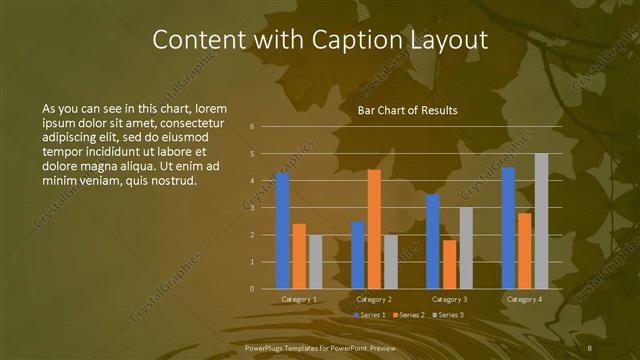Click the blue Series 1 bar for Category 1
[282, 231]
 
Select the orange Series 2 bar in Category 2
[374, 229]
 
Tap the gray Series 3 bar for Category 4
[541, 221]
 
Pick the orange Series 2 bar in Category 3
[449, 264]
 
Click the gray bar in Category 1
[316, 262]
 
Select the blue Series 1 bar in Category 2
[358, 255]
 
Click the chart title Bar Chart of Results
[407, 110]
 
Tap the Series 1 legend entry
[370, 315]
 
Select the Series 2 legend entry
[409, 315]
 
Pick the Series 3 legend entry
[447, 315]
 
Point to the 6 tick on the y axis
[252, 126]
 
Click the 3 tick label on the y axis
[252, 208]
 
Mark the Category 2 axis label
[374, 299]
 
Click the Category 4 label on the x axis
[524, 299]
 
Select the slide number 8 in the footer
[591, 345]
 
